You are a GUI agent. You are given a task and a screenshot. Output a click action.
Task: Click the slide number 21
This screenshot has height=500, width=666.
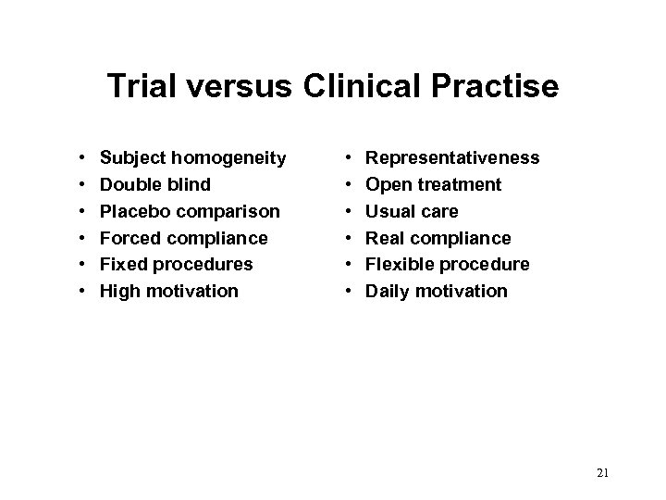pyautogui.click(x=603, y=473)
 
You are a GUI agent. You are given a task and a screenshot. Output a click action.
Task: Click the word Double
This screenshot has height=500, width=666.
pyautogui.click(x=129, y=184)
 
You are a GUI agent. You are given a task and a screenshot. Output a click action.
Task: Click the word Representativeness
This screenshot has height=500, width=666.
pyautogui.click(x=453, y=158)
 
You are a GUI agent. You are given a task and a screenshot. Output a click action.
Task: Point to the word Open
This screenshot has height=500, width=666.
pyautogui.click(x=388, y=184)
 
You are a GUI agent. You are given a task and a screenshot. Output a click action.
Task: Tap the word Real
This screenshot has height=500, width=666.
pyautogui.click(x=386, y=238)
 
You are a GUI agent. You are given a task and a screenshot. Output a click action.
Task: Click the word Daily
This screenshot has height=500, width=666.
pyautogui.click(x=388, y=292)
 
